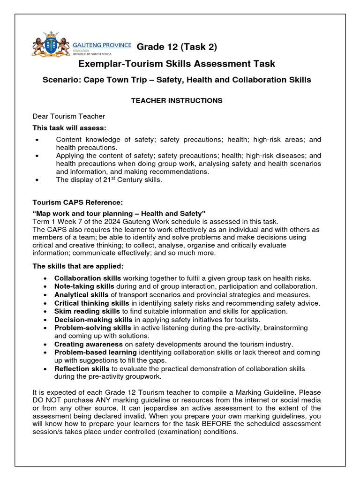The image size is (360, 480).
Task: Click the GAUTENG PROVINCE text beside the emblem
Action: [x=102, y=45]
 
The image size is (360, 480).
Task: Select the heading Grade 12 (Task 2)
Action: [x=177, y=47]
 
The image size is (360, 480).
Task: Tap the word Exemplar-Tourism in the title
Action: [x=115, y=64]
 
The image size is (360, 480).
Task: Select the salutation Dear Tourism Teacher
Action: [x=69, y=116]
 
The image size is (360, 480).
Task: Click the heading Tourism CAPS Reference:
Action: [x=77, y=202]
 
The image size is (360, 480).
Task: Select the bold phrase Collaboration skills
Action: [x=88, y=278]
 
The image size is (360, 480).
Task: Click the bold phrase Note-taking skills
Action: [x=84, y=286]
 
